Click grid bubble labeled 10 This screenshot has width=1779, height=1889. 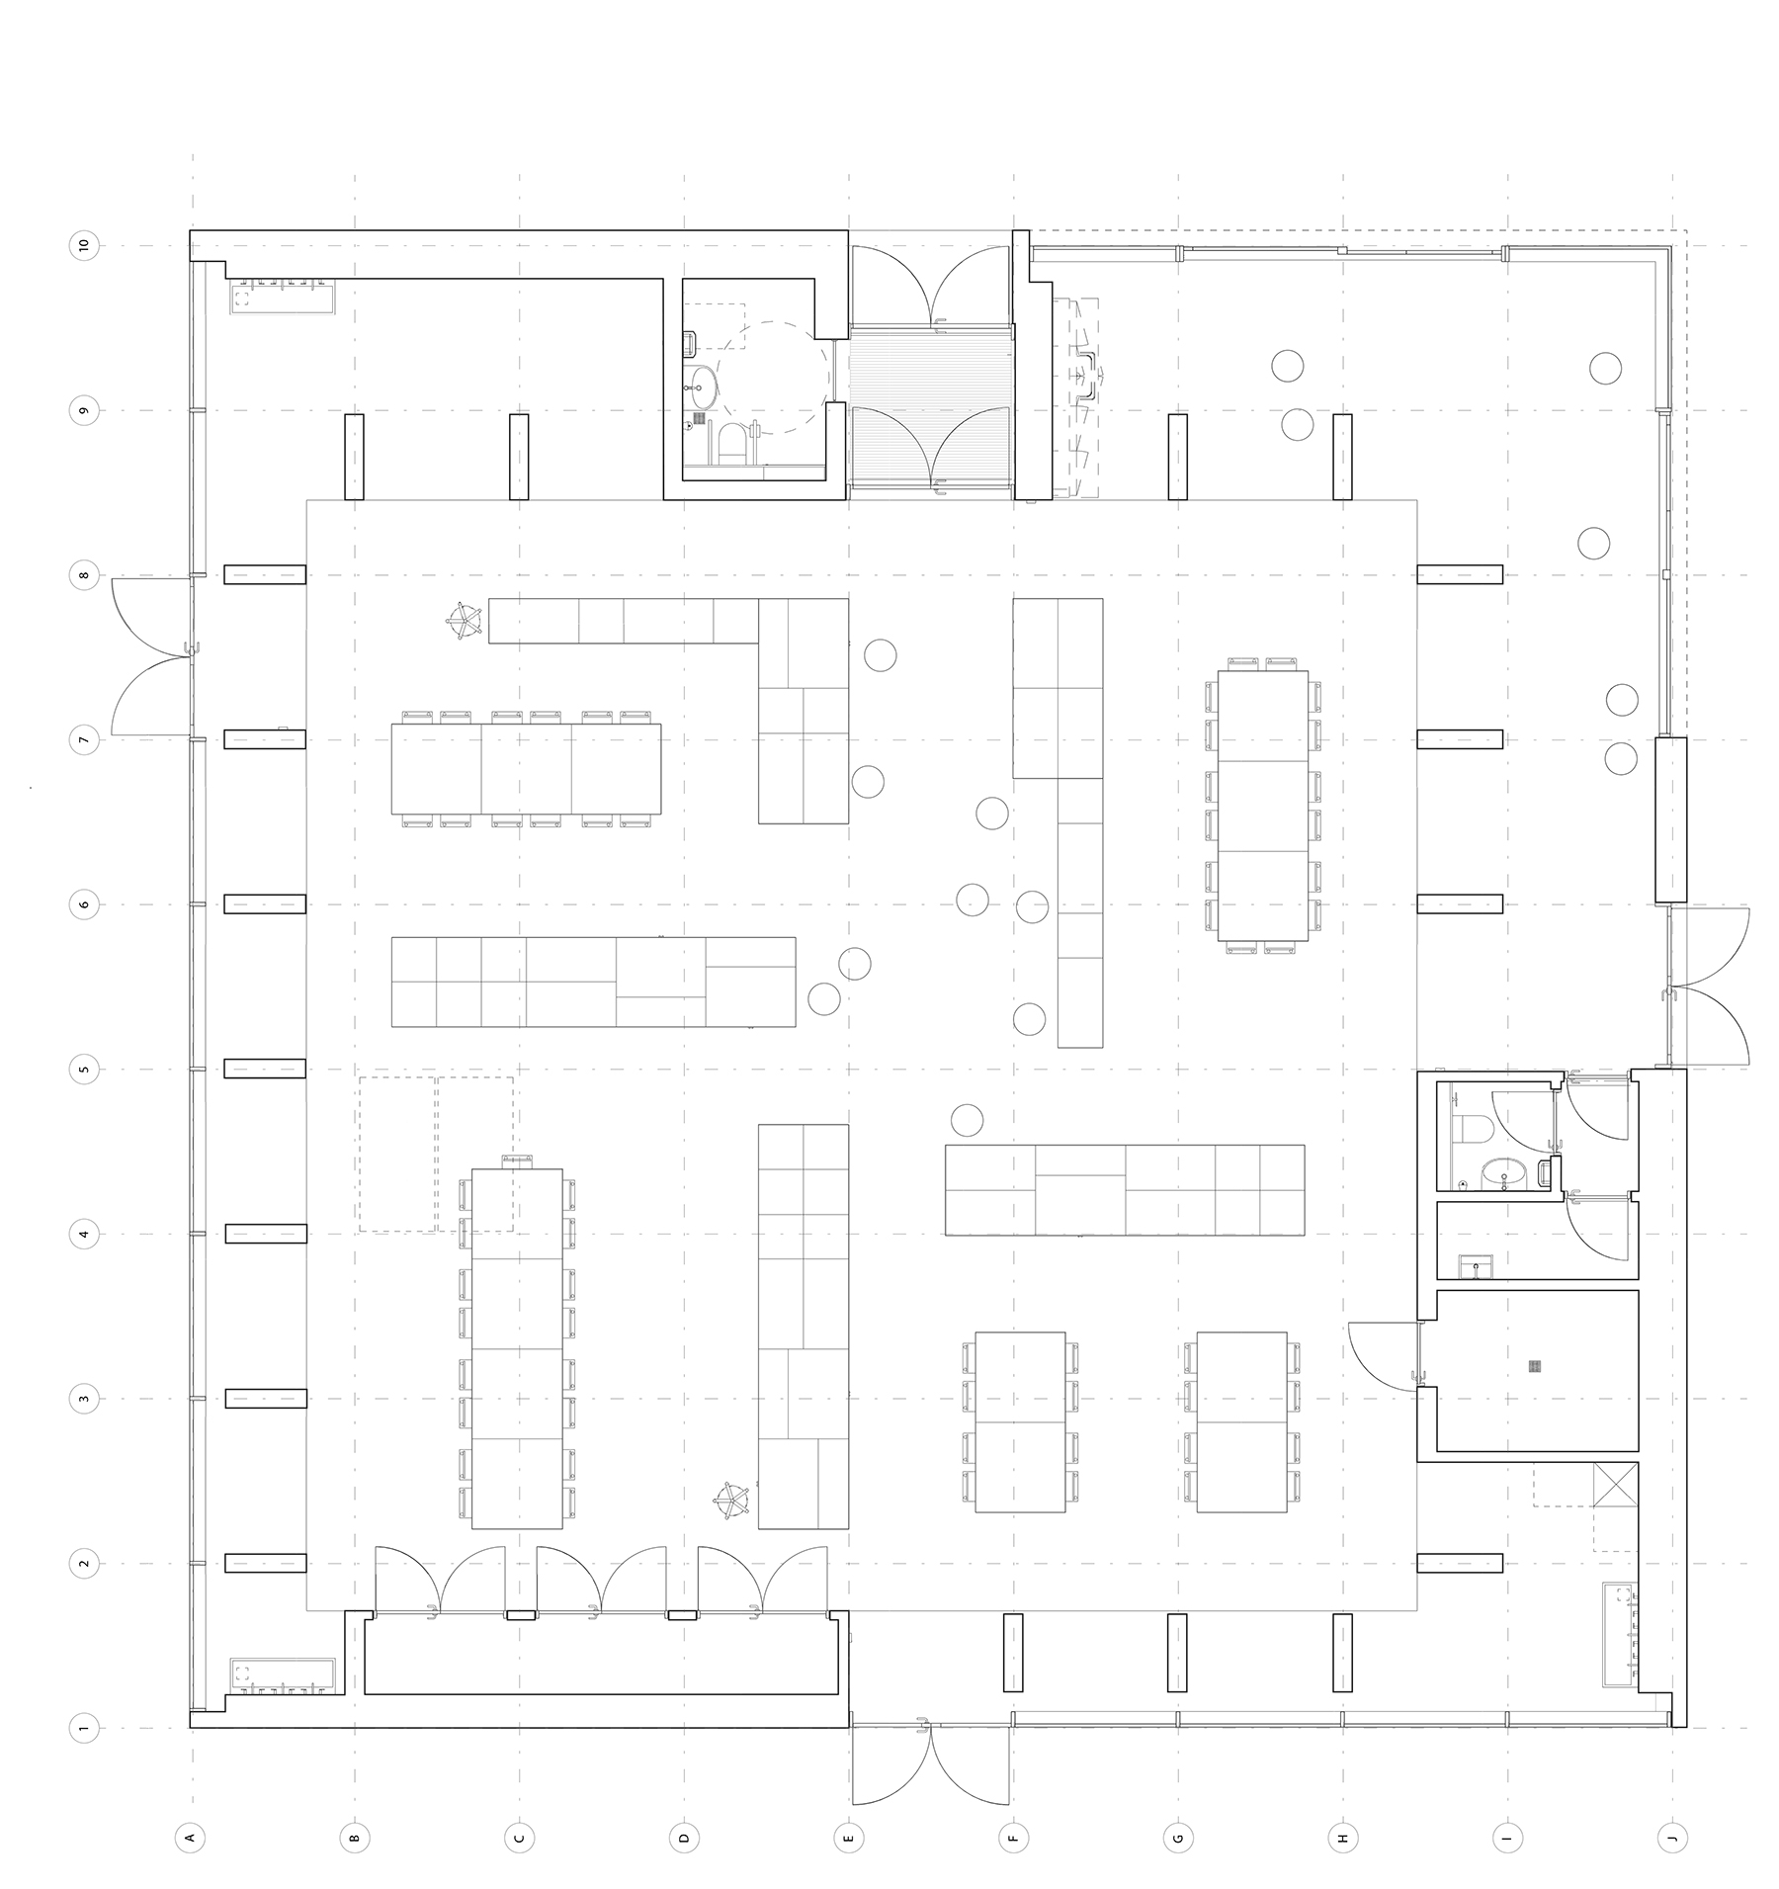click(x=85, y=245)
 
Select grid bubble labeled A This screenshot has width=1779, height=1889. click(x=190, y=1838)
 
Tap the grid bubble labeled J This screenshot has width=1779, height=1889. click(x=1671, y=1838)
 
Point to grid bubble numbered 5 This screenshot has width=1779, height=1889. click(x=85, y=1069)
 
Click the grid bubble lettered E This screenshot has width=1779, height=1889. click(x=848, y=1838)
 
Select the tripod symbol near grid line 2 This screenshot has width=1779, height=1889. click(x=731, y=1500)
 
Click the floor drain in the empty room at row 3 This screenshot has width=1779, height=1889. click(x=1534, y=1367)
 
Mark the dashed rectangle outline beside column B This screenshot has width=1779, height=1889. click(x=436, y=1154)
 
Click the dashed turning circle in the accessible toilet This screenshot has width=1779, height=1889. click(x=773, y=380)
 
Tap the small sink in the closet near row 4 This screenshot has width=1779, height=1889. click(x=1480, y=1265)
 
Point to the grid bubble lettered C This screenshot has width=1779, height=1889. click(x=519, y=1838)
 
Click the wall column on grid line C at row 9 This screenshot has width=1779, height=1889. click(x=519, y=457)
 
